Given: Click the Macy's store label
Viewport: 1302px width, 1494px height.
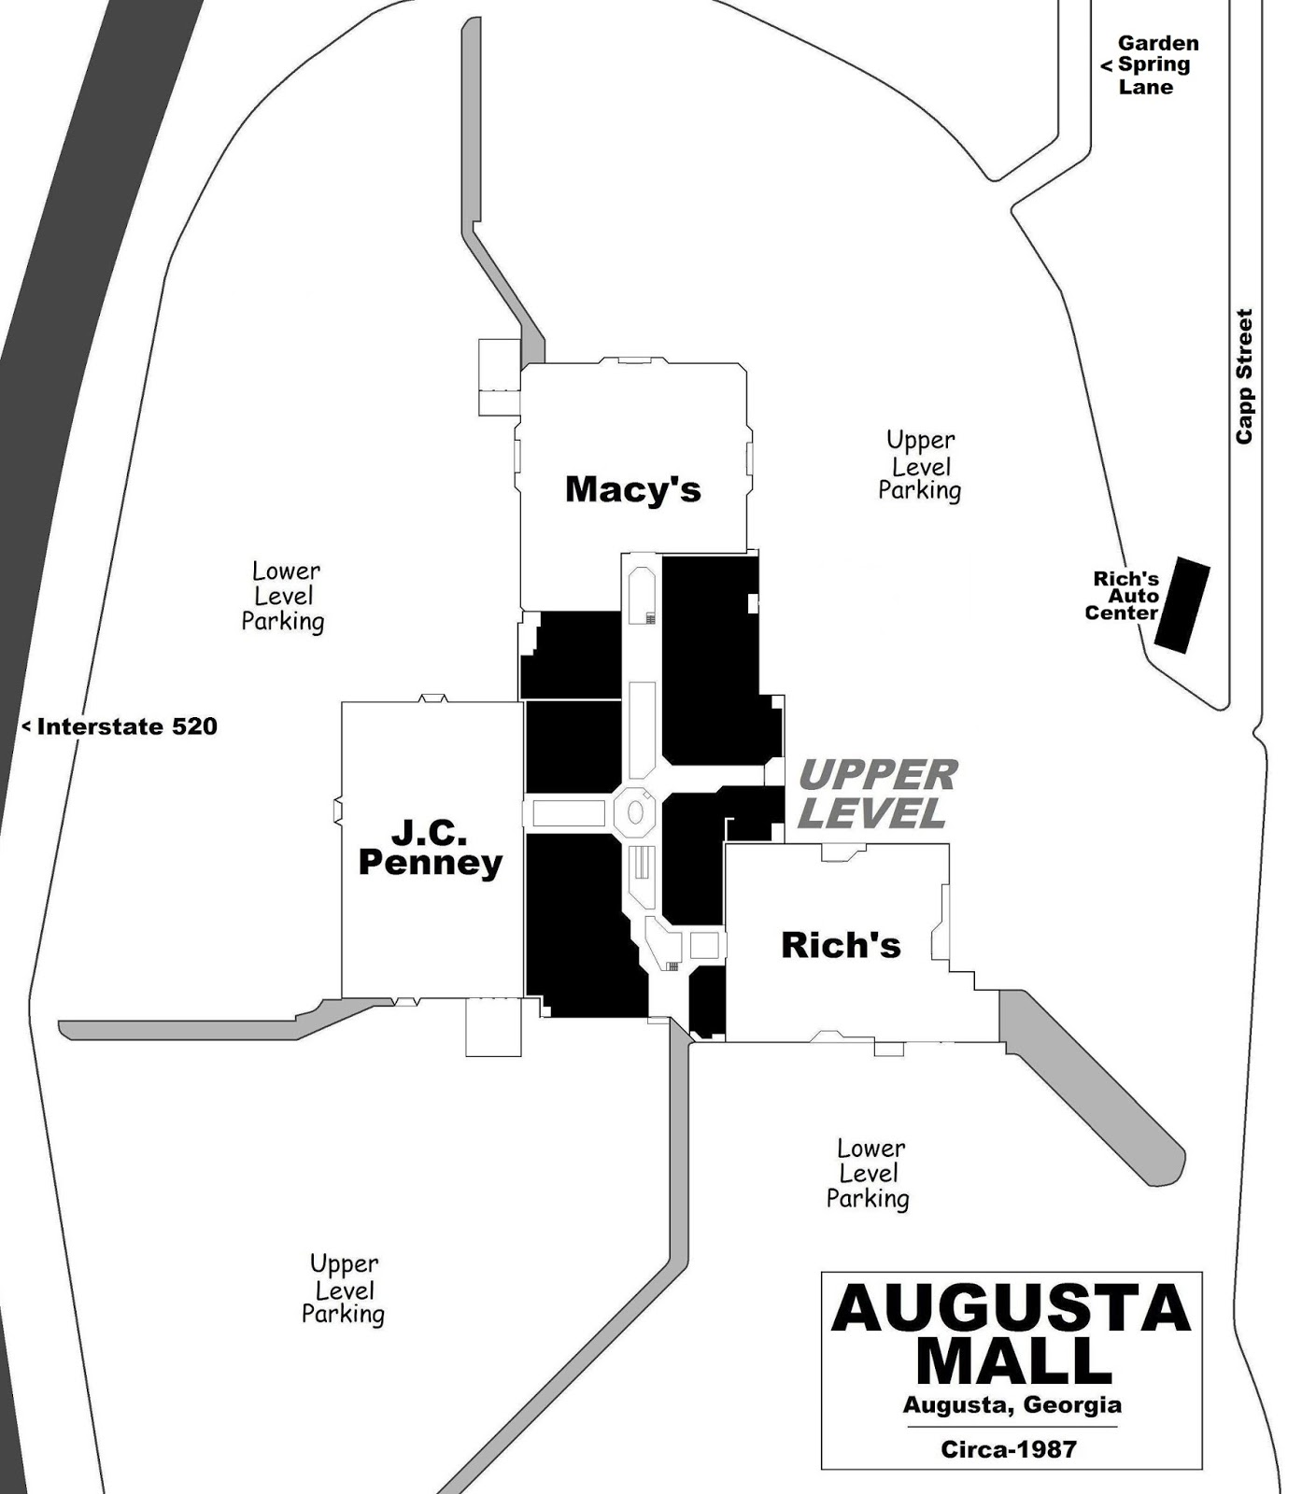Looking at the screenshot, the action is [x=632, y=489].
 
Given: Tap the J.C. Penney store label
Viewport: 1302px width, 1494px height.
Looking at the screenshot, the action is [x=431, y=847].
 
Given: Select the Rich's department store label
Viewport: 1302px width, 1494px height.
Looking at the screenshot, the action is [x=841, y=945].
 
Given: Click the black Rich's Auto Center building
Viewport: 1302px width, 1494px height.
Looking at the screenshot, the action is [x=1182, y=605].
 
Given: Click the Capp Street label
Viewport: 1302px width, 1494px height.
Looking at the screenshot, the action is [x=1244, y=376].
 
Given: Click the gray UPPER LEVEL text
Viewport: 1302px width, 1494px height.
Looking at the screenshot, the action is [x=877, y=794].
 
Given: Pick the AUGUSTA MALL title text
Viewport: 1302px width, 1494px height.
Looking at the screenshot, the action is [x=1012, y=1334].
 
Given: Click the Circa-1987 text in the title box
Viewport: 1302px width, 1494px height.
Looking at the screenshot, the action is [x=1009, y=1449].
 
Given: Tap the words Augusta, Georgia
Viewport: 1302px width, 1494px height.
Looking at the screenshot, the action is [x=1012, y=1404].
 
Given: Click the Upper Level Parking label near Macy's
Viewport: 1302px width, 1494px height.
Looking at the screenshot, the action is [x=920, y=465].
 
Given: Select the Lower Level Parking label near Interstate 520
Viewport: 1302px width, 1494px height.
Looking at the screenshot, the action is [x=284, y=596].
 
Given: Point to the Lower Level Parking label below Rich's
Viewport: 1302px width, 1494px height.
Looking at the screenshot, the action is [x=869, y=1174].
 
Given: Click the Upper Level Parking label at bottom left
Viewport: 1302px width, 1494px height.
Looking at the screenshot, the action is [x=344, y=1289].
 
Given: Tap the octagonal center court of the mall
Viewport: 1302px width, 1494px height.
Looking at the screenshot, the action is [x=635, y=811].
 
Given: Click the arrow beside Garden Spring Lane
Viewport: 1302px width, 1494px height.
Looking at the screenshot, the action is [x=1106, y=65].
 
